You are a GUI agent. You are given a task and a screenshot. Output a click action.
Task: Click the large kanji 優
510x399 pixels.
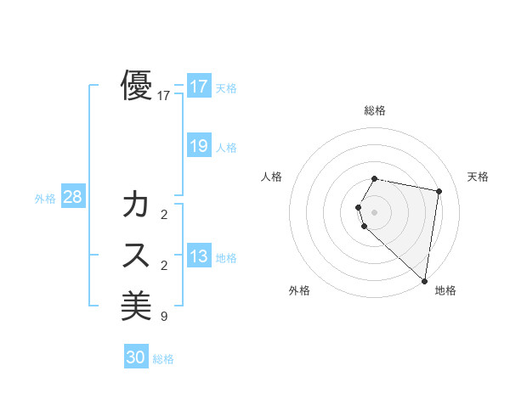tap(137, 86)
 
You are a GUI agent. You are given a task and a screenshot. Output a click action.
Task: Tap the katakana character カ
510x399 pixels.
tap(137, 205)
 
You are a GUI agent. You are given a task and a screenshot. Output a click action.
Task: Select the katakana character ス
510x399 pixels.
tap(137, 256)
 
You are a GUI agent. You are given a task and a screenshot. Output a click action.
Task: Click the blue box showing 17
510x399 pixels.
tap(198, 87)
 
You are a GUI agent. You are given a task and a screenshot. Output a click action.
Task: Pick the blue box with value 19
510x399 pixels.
tap(198, 146)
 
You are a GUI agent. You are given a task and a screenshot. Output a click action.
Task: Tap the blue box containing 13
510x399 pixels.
tap(198, 256)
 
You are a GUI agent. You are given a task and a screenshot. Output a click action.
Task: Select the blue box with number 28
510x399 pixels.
tap(72, 197)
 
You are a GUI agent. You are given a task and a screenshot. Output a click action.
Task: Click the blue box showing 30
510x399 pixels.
tap(135, 357)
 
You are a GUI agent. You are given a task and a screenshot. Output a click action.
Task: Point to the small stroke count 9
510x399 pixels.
tap(163, 317)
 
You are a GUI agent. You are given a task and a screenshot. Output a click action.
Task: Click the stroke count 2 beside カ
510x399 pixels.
tap(163, 215)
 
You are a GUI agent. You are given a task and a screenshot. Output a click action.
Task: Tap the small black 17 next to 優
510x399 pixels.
tap(164, 97)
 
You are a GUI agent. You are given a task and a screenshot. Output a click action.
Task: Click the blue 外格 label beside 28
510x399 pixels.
tap(45, 199)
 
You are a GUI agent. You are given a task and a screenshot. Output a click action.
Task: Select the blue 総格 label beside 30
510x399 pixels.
tap(163, 359)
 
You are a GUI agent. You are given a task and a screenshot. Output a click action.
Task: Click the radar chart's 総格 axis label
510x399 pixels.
tap(375, 111)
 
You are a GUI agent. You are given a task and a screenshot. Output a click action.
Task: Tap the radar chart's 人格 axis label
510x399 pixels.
tap(272, 177)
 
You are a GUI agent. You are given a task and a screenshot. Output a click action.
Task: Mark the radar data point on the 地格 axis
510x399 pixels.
tap(424, 280)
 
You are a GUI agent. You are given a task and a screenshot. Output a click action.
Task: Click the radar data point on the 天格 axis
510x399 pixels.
tap(439, 191)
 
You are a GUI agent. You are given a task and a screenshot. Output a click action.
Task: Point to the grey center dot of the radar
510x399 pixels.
tap(375, 211)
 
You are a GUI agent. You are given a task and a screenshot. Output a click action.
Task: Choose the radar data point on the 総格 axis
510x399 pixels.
tap(375, 178)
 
